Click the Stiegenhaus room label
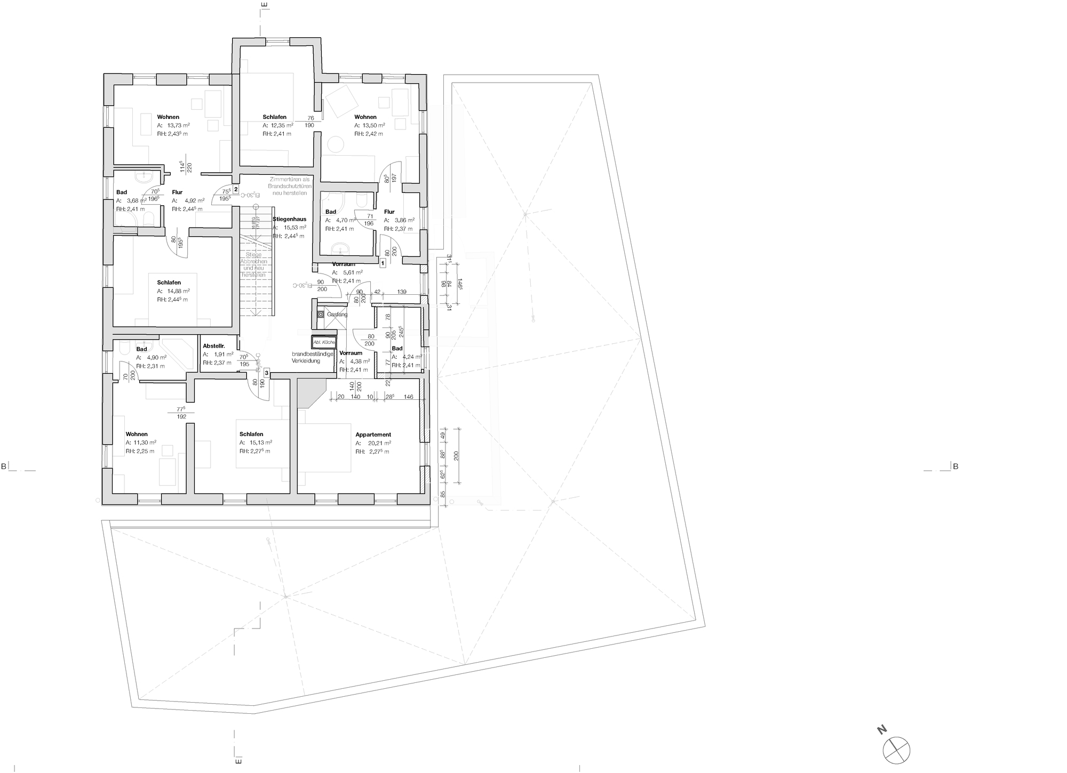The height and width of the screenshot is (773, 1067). coord(289,219)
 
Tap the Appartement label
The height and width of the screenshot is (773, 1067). coord(373,434)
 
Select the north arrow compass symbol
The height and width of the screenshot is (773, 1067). coord(896,749)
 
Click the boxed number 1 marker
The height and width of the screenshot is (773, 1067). coord(383,263)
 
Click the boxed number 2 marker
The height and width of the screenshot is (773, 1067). coord(235,189)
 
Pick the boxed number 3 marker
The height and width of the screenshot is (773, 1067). coord(266,373)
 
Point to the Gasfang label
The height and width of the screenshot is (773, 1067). coord(337,315)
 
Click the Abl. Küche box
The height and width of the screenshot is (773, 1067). coord(324,342)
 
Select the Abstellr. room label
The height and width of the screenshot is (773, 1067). coord(214,346)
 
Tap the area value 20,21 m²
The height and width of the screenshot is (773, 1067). coord(379,443)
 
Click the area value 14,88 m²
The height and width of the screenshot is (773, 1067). coord(178,291)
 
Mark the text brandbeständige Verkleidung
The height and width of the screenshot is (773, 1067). coord(313,357)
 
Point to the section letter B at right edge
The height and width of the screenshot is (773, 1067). coord(955,466)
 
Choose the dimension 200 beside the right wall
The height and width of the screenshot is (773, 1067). coord(456,456)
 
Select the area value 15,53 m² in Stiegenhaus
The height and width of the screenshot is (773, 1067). coord(294,228)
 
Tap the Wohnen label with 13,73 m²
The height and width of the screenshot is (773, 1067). coord(168,117)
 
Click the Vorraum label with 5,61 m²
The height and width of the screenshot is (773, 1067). coord(344,264)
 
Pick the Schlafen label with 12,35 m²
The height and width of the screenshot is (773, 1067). coord(274,117)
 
